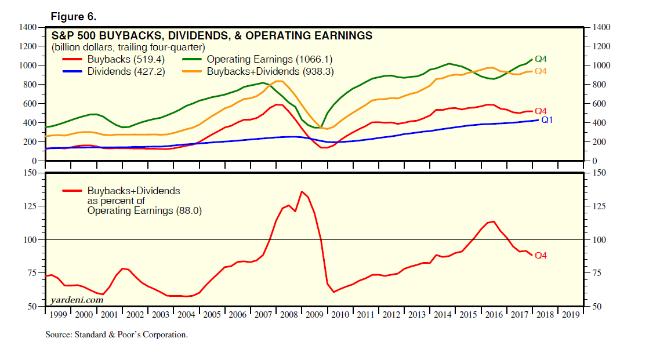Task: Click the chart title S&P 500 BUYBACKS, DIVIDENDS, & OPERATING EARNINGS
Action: click(212, 35)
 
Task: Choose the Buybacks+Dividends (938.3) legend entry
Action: click(270, 71)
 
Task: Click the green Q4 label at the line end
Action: click(541, 59)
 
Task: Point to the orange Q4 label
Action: click(541, 71)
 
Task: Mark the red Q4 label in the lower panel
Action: click(541, 255)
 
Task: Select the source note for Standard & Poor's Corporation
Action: click(117, 334)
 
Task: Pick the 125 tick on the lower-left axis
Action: click(31, 206)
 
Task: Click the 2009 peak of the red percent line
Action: click(302, 191)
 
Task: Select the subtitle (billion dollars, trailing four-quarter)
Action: click(129, 47)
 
